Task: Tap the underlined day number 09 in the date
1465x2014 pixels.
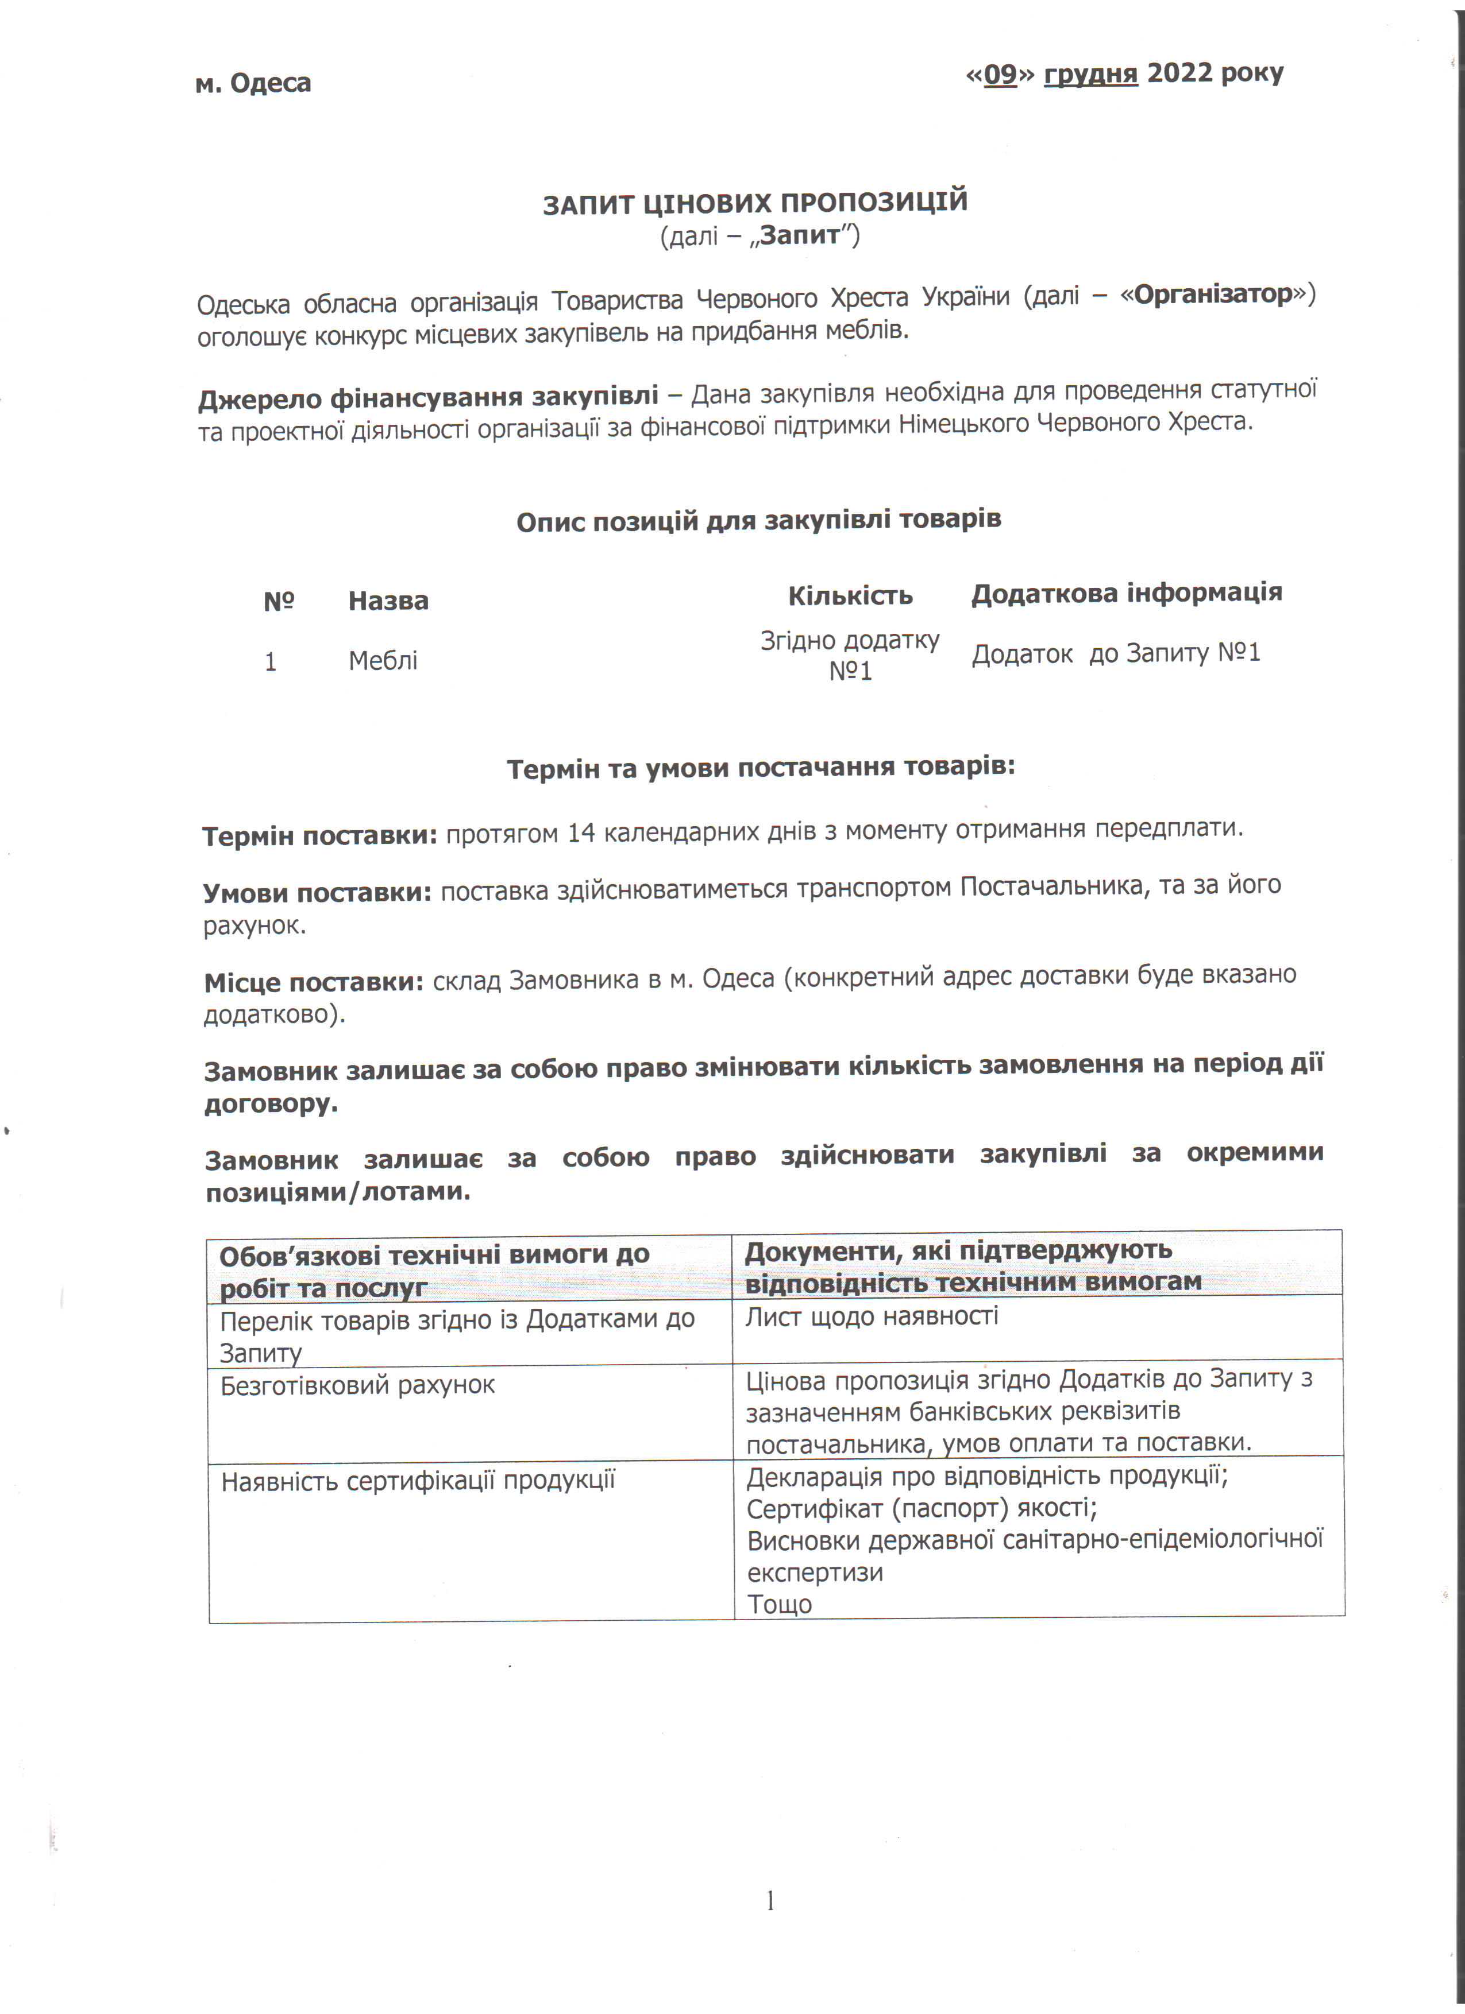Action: [1000, 73]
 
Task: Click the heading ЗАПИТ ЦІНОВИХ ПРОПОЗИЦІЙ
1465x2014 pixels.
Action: [755, 203]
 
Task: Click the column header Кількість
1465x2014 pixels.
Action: [850, 595]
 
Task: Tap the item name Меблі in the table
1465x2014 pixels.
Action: [383, 661]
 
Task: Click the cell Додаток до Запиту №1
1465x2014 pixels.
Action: [1116, 653]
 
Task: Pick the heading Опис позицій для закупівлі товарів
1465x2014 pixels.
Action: [759, 520]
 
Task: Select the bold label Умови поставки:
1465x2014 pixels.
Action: [317, 892]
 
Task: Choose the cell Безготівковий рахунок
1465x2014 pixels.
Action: [357, 1385]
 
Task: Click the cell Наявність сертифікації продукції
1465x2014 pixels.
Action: [418, 1481]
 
